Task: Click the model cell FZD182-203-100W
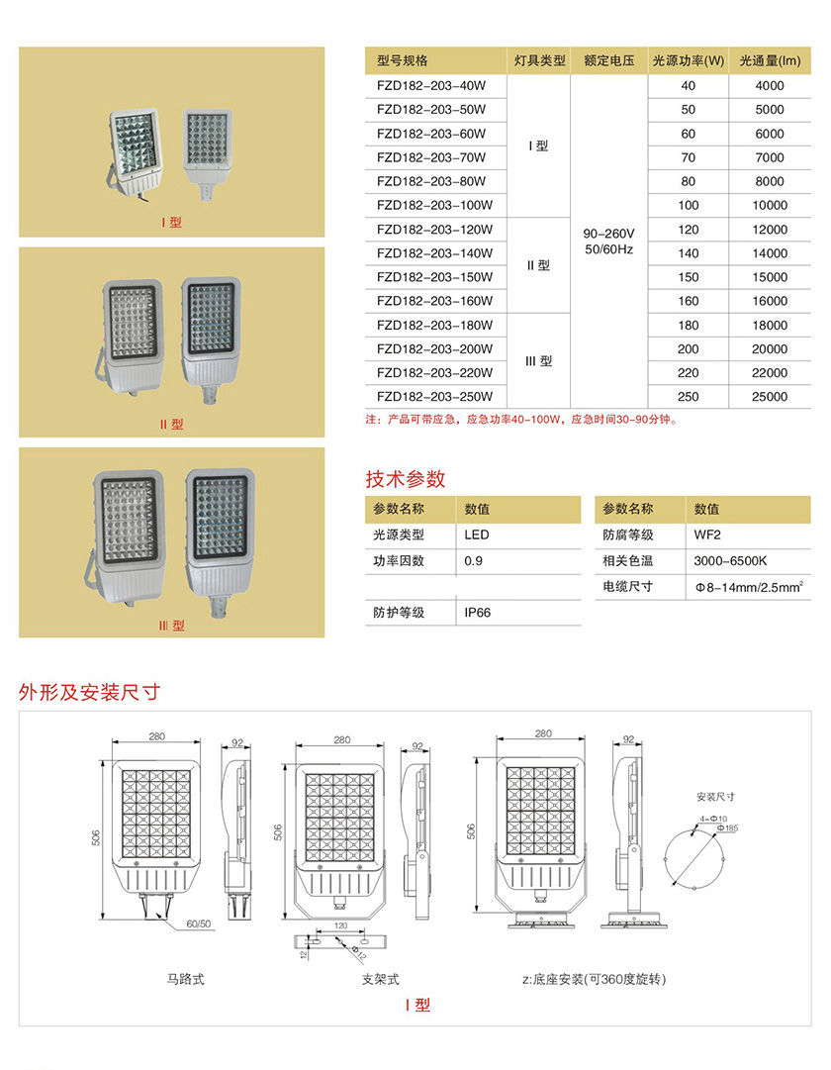coord(434,206)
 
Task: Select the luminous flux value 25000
coord(770,397)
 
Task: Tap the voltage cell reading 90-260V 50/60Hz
coord(608,241)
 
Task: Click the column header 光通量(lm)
coord(770,61)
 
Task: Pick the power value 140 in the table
coord(689,253)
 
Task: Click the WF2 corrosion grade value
coord(707,535)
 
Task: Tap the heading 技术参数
coord(406,480)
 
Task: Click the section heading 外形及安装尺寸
coord(88,692)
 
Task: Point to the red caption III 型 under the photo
coord(172,626)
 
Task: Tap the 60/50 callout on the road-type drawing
coord(199,924)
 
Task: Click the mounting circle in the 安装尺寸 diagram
coord(698,854)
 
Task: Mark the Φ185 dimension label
coord(728,827)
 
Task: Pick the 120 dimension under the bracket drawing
coord(340,924)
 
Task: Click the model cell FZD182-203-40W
coord(431,86)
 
